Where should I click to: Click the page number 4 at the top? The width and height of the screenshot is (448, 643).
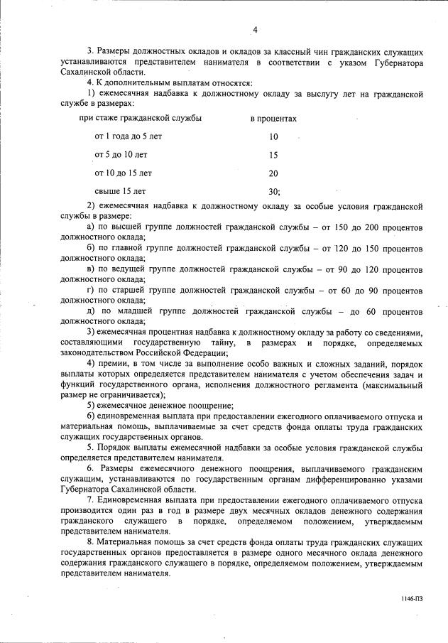(x=255, y=30)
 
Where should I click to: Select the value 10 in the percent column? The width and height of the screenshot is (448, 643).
(x=274, y=136)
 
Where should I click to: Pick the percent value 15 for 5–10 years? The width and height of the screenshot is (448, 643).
(x=274, y=154)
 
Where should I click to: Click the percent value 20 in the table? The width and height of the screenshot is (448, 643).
(x=274, y=173)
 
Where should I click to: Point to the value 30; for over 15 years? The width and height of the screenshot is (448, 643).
(x=275, y=191)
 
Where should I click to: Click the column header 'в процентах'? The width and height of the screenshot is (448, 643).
(x=273, y=118)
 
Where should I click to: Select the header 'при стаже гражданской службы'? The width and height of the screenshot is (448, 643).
(x=141, y=118)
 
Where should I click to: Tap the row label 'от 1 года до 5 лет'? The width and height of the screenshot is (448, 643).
(x=129, y=136)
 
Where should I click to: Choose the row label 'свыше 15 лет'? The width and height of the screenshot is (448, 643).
(x=120, y=191)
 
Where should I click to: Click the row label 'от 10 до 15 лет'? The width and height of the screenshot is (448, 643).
(x=124, y=173)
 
